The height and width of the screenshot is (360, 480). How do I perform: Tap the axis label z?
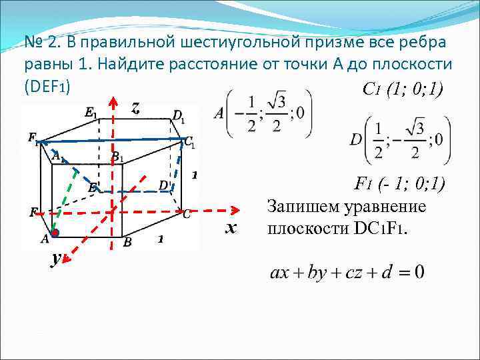pos(135,108)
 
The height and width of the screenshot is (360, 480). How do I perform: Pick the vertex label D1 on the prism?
pos(179,117)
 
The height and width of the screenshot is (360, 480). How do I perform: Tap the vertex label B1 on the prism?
pos(117,157)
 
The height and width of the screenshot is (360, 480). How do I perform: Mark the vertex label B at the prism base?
pos(127,243)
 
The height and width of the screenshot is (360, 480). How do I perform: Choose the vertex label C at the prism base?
pos(187,214)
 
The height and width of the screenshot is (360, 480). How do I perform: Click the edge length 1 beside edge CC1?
pos(194,175)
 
